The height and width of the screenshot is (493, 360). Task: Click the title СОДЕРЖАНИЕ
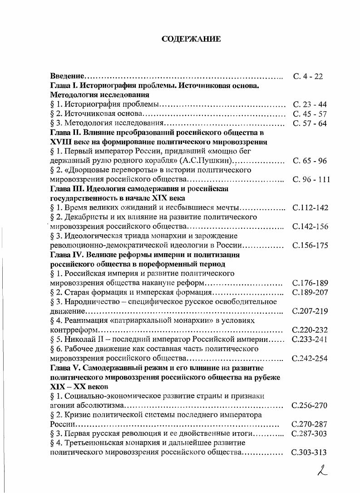coord(191,39)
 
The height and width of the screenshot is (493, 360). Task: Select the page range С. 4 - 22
coord(308,76)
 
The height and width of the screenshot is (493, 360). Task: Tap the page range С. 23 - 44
coord(310,104)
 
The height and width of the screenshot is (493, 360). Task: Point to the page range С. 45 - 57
coord(310,114)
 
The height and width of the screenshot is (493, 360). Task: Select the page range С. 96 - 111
coord(311,179)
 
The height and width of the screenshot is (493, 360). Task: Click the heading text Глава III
coord(66,189)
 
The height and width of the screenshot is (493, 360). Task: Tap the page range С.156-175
coord(310,246)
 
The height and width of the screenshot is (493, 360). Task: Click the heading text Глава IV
coord(66,255)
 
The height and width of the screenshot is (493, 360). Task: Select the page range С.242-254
coord(310,358)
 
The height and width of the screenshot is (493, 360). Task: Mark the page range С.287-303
coord(310,434)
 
